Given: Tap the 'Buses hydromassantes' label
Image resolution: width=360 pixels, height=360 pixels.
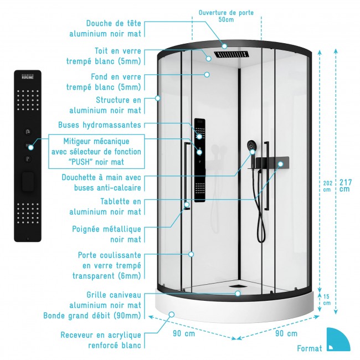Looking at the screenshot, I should [100, 125].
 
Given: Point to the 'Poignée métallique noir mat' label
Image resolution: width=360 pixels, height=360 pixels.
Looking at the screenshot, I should [107, 234].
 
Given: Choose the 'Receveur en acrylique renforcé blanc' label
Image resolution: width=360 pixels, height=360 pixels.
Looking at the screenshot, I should [101, 341].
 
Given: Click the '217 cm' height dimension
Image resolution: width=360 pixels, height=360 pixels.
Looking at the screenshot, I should [345, 186].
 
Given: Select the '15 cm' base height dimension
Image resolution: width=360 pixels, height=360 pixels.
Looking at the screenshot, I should [327, 300].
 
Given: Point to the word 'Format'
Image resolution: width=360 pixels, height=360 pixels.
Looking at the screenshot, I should [309, 348].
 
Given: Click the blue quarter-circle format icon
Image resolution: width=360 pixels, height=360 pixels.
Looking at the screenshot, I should [337, 339].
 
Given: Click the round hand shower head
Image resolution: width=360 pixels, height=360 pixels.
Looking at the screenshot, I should [251, 146].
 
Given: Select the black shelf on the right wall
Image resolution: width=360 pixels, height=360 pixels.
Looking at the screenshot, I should [271, 163].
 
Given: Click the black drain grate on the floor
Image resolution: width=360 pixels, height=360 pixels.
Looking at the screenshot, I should [238, 287].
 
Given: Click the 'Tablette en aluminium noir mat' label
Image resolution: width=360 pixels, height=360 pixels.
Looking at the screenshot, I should [105, 207].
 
